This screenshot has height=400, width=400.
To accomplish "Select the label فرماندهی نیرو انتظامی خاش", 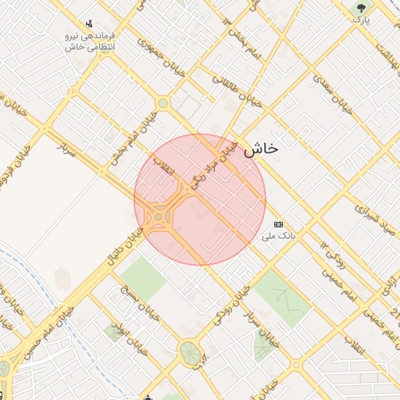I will pos(90,41).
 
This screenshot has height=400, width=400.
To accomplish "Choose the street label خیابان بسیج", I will pos(134,299).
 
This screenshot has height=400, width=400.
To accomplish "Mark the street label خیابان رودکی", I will pos(233,309).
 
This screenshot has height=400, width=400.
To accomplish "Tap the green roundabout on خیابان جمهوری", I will pos(162,103).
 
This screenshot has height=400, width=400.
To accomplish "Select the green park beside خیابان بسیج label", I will pos(143,273).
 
